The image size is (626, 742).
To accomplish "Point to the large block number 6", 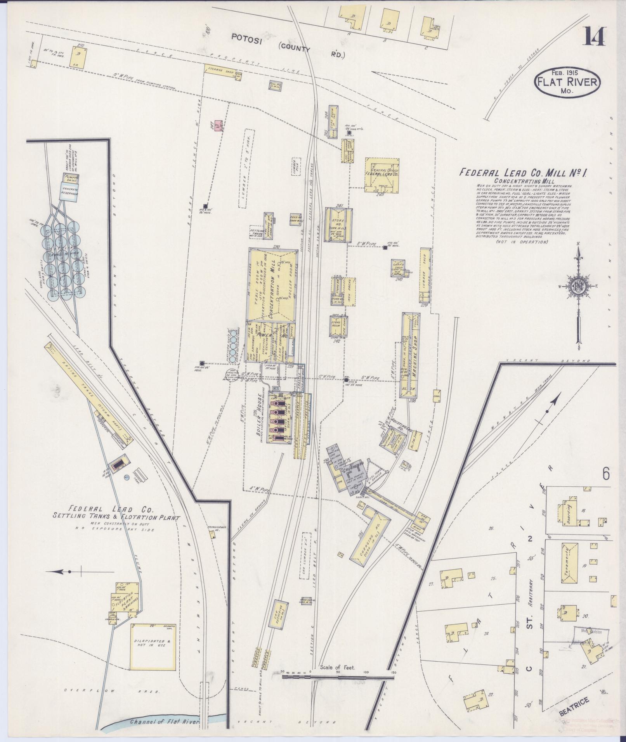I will point(607,474).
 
